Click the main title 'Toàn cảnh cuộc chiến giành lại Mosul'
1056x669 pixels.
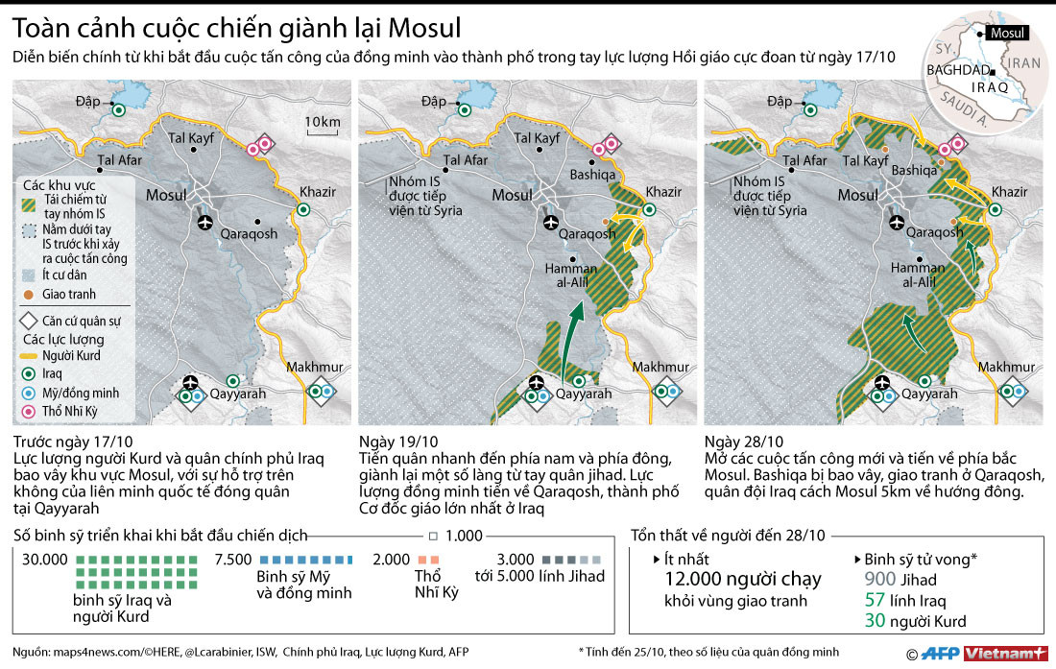coord(237,27)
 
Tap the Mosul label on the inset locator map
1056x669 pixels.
coord(1008,33)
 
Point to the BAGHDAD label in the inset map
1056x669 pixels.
coord(956,70)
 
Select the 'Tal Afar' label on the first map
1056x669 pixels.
coord(119,160)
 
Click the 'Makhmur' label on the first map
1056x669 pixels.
coord(314,367)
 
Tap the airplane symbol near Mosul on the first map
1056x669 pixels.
coord(204,223)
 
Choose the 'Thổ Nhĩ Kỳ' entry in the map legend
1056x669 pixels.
coord(70,412)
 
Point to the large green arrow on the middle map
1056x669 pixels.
coord(571,341)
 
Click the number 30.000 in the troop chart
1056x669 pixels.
coord(43,559)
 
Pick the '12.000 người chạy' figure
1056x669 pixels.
coord(743,578)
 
